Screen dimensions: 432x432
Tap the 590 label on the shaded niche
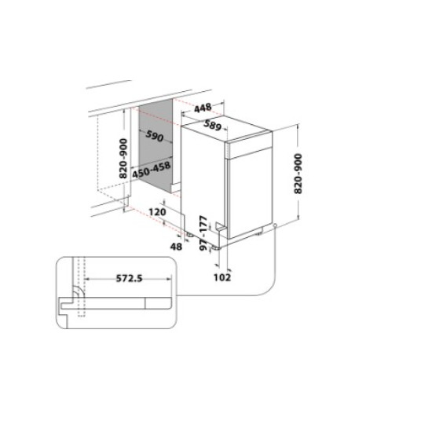coord(154,137)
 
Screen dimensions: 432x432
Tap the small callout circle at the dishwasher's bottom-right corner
coord(276,229)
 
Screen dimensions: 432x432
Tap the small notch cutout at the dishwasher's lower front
coord(223,229)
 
